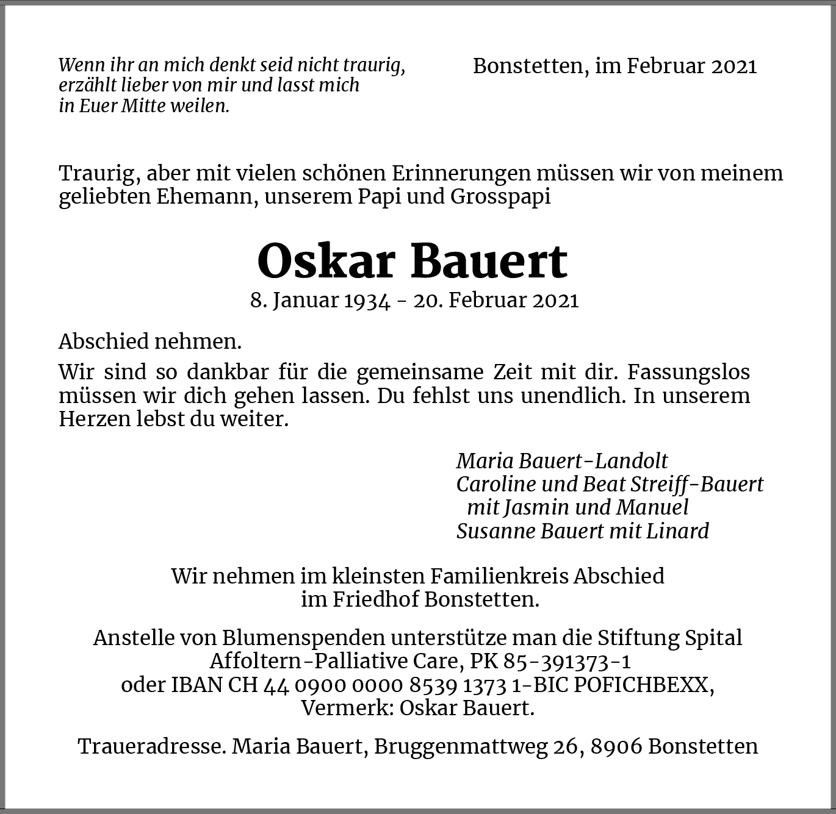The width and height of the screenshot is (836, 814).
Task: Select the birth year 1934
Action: [x=367, y=301]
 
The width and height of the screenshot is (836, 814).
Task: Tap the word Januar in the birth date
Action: [x=307, y=301]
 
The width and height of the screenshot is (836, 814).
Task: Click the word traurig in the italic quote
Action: [x=373, y=65]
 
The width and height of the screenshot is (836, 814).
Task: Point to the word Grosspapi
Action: [x=501, y=197]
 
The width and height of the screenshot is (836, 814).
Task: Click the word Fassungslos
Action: [x=688, y=372]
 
